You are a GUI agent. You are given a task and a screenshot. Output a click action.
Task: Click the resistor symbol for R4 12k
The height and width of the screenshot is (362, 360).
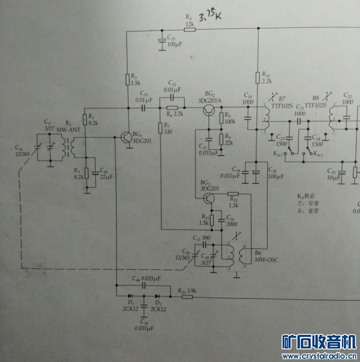click(x=189, y=30)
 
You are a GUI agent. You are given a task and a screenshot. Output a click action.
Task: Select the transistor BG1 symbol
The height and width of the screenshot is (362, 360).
click(x=126, y=138)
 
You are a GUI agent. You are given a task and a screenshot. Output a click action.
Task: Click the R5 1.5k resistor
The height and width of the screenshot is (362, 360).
click(x=127, y=80)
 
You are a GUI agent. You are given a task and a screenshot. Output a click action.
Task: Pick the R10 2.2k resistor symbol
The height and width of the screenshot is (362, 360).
click(x=257, y=77)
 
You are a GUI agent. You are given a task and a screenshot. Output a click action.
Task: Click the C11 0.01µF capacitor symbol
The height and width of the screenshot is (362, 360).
click(x=143, y=107)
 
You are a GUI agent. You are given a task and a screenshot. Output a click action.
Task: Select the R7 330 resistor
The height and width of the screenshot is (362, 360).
click(x=160, y=128)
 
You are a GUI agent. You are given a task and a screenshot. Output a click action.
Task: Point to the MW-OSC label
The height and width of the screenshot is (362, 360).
click(x=266, y=260)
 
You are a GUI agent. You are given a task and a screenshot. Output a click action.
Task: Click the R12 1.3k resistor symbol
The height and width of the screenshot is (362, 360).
click(x=233, y=194)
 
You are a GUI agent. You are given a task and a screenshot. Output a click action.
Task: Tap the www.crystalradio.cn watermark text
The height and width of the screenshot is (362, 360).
click(x=319, y=356)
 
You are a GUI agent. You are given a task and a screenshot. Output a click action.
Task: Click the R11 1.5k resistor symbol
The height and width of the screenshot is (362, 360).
click(x=212, y=220)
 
